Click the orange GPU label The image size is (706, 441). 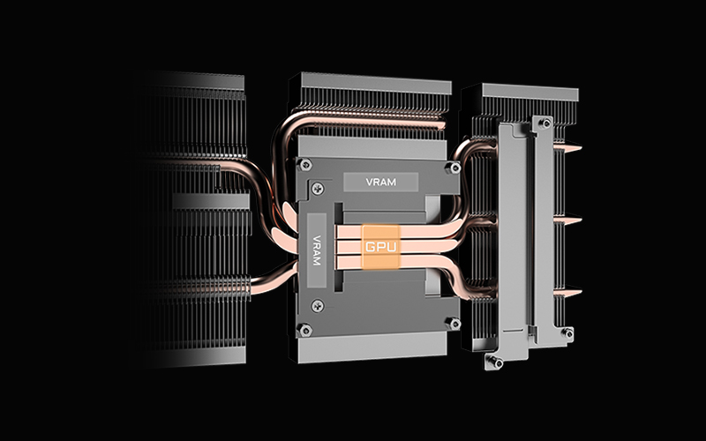[x=381, y=247]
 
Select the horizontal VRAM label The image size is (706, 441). [x=381, y=183]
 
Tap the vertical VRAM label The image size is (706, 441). [x=317, y=250]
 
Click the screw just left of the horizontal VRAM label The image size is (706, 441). [x=318, y=188]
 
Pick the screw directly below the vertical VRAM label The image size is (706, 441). [x=318, y=306]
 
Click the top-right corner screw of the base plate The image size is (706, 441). [x=453, y=168]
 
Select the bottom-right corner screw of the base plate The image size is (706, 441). [x=453, y=323]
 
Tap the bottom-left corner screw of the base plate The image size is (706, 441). [x=305, y=331]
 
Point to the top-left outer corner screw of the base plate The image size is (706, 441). [x=305, y=164]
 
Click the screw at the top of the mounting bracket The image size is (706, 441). [x=545, y=123]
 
